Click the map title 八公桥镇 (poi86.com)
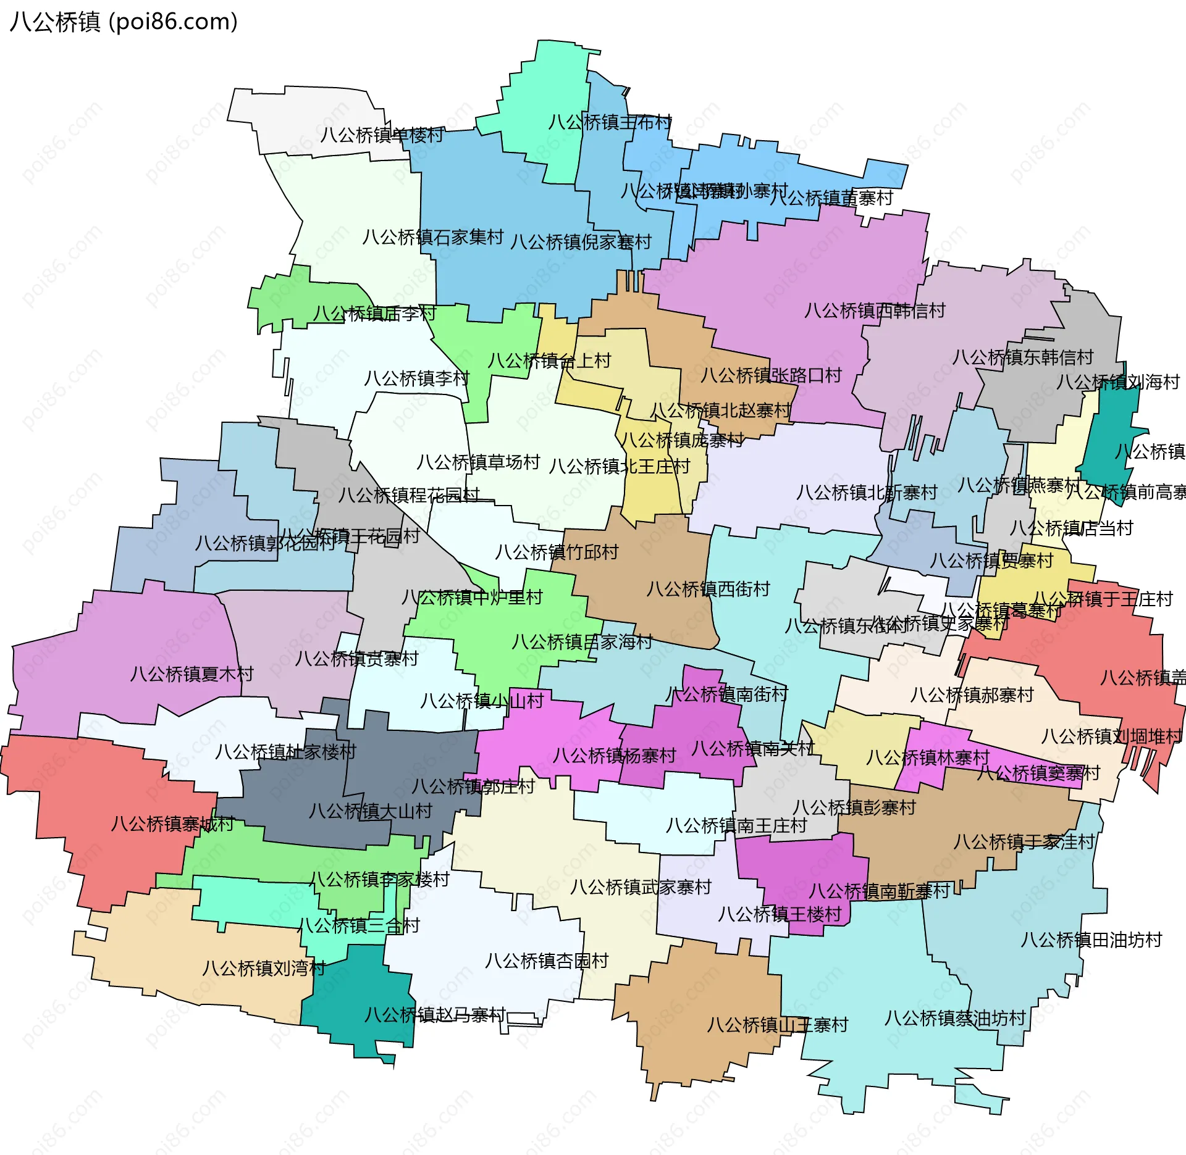click(124, 22)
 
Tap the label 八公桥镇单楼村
click(382, 135)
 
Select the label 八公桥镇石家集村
click(433, 237)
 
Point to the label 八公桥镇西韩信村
click(875, 311)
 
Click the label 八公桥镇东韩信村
click(1022, 357)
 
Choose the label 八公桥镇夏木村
click(191, 673)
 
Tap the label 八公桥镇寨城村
click(172, 824)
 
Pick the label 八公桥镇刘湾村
click(264, 968)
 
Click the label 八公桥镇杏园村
click(547, 961)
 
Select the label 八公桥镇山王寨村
click(778, 1025)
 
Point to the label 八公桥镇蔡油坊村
click(955, 1018)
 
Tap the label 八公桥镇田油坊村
click(1091, 940)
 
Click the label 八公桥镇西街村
click(708, 589)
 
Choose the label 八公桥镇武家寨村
click(641, 887)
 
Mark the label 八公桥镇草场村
click(478, 462)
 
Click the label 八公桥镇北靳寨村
click(867, 493)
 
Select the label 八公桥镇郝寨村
click(972, 695)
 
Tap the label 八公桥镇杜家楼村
click(285, 752)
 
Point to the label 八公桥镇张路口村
click(771, 375)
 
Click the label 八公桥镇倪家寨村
click(581, 242)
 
